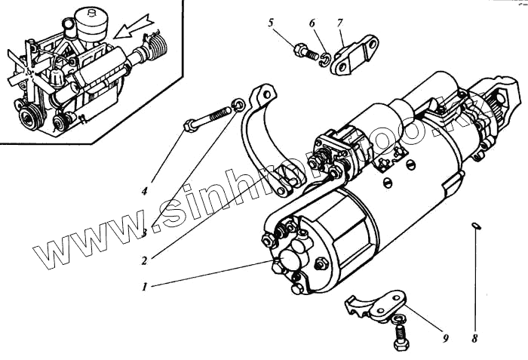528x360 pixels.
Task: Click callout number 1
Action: pos(144,286)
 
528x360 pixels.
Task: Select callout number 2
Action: pos(143,260)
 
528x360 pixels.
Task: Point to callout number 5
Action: pos(271,23)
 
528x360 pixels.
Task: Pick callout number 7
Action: pos(340,23)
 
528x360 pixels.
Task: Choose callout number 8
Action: pos(474,339)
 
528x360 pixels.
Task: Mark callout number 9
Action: pos(445,338)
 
